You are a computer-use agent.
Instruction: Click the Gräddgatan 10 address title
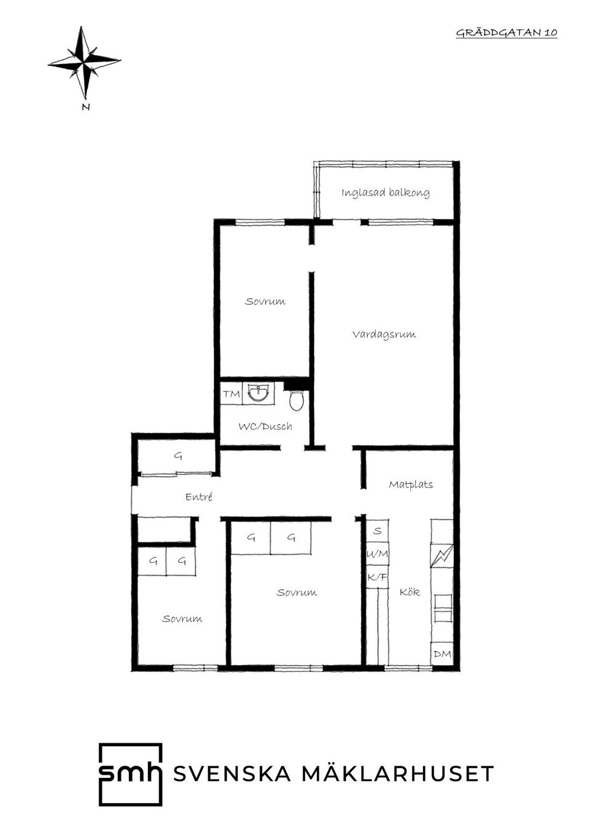click(x=506, y=33)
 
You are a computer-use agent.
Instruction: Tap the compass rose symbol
click(x=84, y=62)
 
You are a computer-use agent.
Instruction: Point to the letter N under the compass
click(x=86, y=107)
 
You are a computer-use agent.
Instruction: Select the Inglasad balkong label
click(x=385, y=193)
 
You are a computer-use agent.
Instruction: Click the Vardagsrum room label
click(x=384, y=334)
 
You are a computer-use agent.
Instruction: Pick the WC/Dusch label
click(x=265, y=426)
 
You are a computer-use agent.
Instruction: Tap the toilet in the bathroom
click(x=296, y=400)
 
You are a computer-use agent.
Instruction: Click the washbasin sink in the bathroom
click(x=258, y=393)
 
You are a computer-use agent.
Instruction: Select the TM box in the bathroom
click(x=231, y=394)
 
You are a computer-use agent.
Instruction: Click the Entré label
click(x=199, y=497)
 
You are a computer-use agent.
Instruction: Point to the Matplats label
click(x=411, y=484)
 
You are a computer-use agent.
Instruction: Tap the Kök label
click(x=409, y=592)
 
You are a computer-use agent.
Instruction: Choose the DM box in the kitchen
click(x=442, y=654)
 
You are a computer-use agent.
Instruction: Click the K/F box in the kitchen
click(x=377, y=578)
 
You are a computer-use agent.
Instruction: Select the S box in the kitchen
click(x=377, y=531)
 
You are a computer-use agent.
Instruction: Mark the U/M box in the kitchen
click(x=377, y=554)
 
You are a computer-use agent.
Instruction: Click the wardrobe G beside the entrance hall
click(x=178, y=456)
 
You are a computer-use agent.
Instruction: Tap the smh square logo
click(x=131, y=774)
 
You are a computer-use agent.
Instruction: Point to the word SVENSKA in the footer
click(x=232, y=774)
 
